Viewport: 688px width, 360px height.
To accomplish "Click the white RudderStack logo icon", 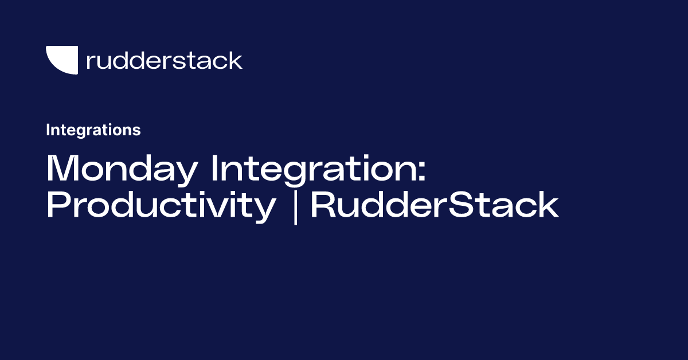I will (x=61, y=60).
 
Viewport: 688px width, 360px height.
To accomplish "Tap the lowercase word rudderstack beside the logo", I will (x=164, y=60).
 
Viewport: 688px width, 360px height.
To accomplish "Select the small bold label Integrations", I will (x=93, y=130).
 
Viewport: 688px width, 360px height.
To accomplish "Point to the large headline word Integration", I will (x=313, y=169).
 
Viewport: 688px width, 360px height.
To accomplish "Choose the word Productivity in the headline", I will (x=161, y=206).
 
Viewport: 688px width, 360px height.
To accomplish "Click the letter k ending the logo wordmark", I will (x=236, y=60).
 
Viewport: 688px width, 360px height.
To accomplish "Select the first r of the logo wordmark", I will (x=89, y=62).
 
